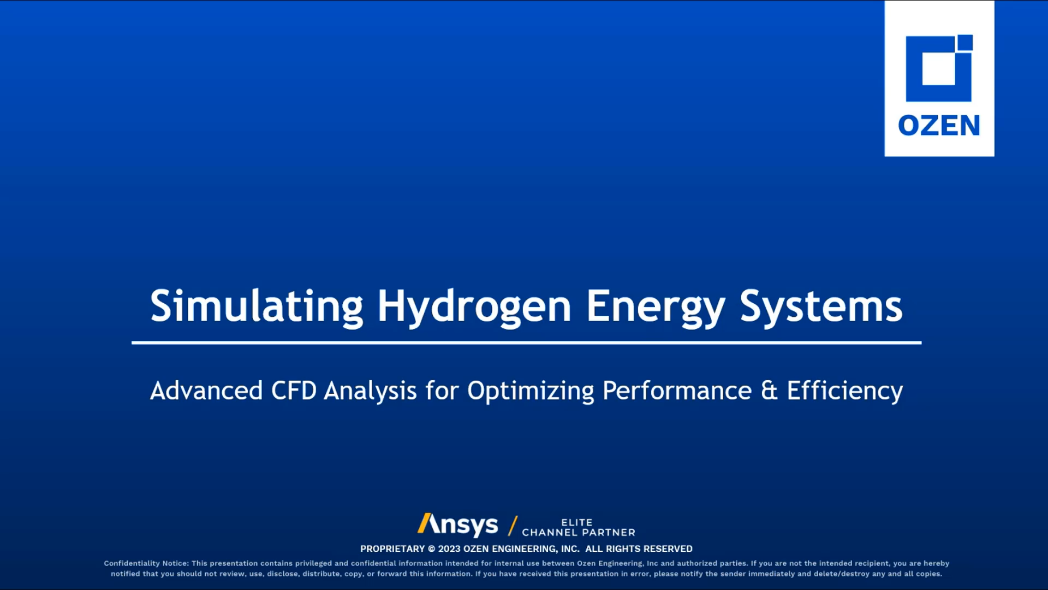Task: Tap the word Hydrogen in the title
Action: click(x=474, y=307)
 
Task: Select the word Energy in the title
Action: click(x=656, y=307)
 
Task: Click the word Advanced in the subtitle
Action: click(x=206, y=391)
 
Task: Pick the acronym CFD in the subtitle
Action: click(x=294, y=391)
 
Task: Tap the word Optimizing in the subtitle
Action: click(x=531, y=391)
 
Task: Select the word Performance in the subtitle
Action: click(x=677, y=391)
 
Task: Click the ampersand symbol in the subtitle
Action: click(x=769, y=391)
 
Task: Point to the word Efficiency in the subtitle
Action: click(x=844, y=391)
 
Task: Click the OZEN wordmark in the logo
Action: click(x=939, y=125)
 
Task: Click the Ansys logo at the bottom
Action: click(x=457, y=524)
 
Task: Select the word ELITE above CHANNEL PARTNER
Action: click(x=577, y=522)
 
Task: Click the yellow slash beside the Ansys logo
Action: click(x=513, y=526)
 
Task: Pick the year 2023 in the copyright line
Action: click(x=449, y=548)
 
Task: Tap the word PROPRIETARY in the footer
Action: click(x=392, y=548)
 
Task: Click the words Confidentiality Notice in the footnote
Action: click(x=146, y=563)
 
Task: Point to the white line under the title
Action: click(x=526, y=343)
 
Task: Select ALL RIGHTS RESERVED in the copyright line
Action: click(x=639, y=548)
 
